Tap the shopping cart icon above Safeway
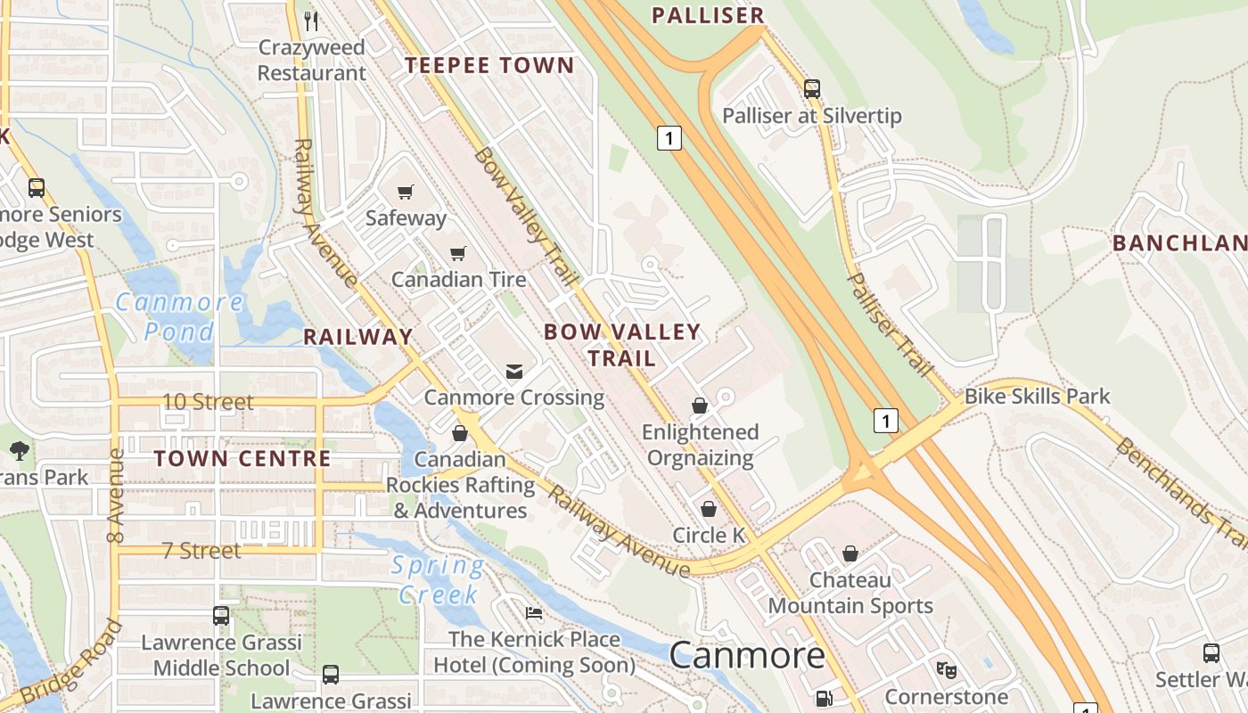coord(406,192)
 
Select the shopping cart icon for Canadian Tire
coord(458,254)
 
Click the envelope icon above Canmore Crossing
coord(514,372)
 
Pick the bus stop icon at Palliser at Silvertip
coord(811,89)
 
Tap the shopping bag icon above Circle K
coord(709,509)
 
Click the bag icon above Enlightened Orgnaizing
coord(700,406)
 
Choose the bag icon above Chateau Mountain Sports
coord(850,553)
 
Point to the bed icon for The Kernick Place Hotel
coord(534,613)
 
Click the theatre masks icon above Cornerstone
coord(945,668)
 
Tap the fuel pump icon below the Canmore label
coord(824,700)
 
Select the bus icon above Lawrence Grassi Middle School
coord(220,616)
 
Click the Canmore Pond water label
coord(179,316)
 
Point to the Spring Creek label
coord(439,579)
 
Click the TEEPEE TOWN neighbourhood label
coord(489,65)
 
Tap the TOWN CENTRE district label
coord(242,459)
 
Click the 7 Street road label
coord(201,551)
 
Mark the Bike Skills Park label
coord(1038,396)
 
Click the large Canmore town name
coord(747,656)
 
